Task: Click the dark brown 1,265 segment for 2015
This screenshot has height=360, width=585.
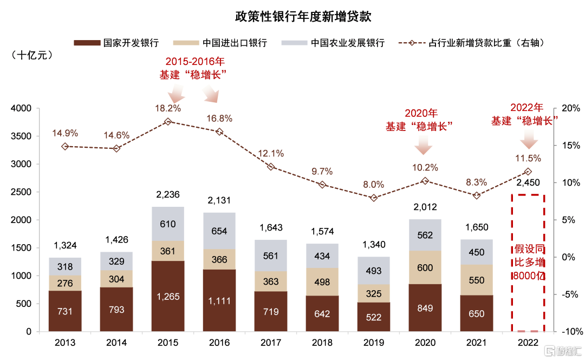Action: coord(168,296)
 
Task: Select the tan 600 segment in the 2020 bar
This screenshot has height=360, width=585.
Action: coord(425,267)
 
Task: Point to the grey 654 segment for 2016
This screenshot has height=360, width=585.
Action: coord(219,231)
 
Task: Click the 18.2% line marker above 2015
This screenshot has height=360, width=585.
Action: coord(168,122)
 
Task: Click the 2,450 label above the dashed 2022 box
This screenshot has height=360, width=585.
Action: coord(528,182)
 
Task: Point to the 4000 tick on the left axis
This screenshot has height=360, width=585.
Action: coord(21,108)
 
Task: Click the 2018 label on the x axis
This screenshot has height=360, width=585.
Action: coord(322,343)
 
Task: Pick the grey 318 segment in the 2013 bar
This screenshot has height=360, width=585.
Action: coord(65,266)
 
